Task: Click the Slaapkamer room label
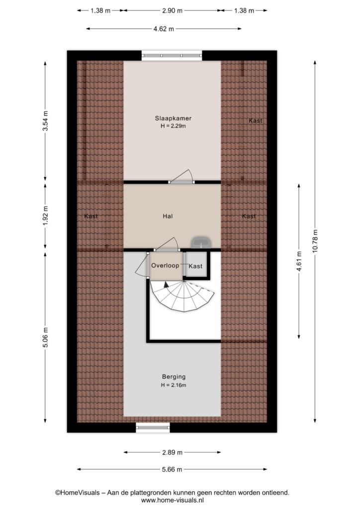pos(173,118)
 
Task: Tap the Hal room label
pos(168,216)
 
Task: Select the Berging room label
pos(174,377)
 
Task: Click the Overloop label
pos(165,265)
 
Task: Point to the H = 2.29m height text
pos(173,126)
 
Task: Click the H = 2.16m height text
pos(174,385)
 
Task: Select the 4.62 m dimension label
pos(164,29)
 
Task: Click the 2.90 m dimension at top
pos(173,11)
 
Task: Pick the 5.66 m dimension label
pos(172,469)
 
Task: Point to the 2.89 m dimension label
pos(172,452)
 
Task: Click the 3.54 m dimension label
pos(45,121)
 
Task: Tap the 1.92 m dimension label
pos(45,216)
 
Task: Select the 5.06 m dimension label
pos(45,338)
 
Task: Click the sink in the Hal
pos(201,242)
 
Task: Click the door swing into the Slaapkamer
pos(182,176)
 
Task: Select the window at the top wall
pos(172,56)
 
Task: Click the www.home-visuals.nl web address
pos(173,501)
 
